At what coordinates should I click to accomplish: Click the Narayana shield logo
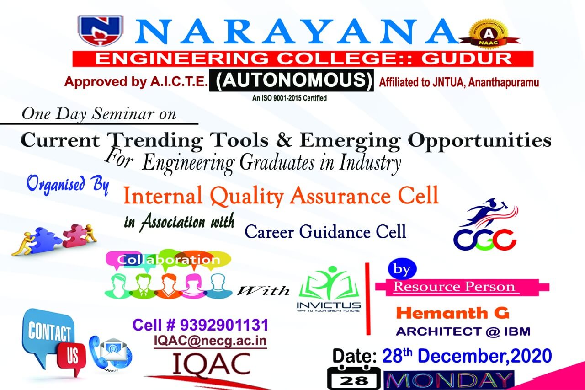point(101,31)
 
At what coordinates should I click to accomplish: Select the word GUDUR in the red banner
point(467,59)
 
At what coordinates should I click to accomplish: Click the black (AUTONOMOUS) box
point(292,80)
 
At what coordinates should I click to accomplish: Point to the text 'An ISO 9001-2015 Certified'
point(289,98)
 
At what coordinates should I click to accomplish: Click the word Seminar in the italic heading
point(123,114)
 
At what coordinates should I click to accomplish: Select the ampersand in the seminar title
point(284,140)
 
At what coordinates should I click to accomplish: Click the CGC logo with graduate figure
point(486,224)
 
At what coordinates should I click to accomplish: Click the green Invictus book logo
point(329,288)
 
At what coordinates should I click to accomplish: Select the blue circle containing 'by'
point(402,269)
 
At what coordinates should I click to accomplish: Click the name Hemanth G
point(452,313)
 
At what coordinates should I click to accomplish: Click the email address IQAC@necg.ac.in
point(210,341)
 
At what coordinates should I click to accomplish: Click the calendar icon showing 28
point(354,378)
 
